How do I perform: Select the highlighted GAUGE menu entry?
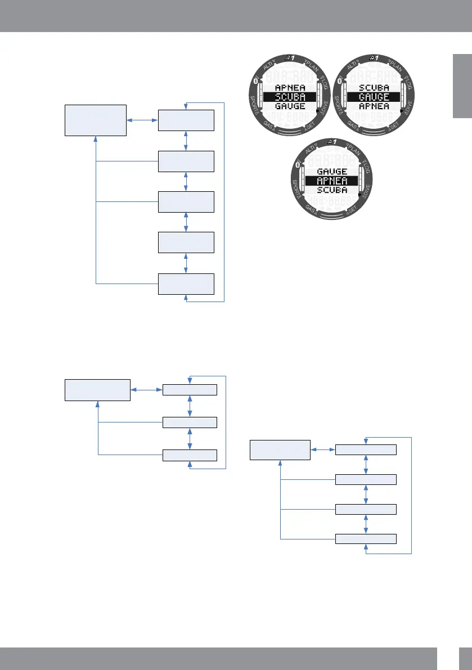(374, 97)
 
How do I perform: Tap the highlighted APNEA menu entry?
(332, 181)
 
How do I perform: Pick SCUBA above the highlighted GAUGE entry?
(374, 88)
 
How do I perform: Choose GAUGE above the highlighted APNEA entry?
(332, 172)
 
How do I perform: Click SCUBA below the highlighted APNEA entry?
(332, 190)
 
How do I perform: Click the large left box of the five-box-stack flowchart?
(96, 120)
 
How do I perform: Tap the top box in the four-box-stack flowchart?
(366, 449)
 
